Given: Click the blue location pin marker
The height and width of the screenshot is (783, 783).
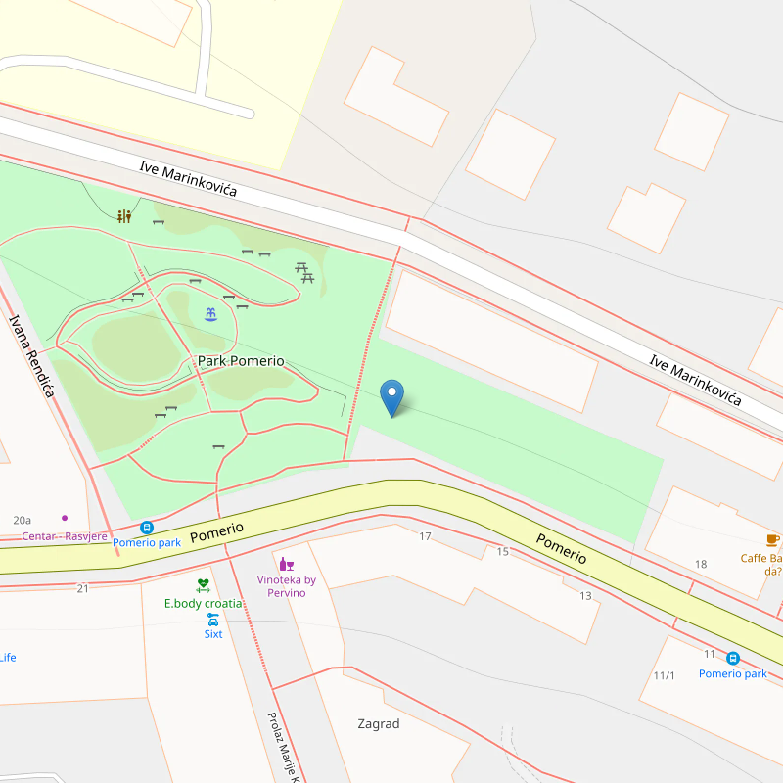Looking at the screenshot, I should (391, 396).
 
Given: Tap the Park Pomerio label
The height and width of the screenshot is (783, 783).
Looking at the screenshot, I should (241, 361).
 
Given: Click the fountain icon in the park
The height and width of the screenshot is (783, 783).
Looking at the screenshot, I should (210, 314).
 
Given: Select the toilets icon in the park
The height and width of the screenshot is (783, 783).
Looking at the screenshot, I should (124, 216).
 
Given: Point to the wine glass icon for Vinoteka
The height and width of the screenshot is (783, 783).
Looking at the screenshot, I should (287, 564).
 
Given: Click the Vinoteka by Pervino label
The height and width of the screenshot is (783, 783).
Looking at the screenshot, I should (287, 586).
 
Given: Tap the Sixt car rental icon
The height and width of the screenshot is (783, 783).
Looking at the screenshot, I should (212, 619).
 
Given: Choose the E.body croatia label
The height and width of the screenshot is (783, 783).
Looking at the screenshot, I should (203, 603).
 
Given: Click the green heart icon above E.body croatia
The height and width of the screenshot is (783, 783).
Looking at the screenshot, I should (203, 585).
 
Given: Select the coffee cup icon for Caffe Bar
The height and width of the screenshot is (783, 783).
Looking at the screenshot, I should (772, 541).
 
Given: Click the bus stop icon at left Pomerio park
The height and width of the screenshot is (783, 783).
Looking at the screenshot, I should (147, 527).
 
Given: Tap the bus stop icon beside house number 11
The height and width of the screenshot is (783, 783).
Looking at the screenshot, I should (733, 658).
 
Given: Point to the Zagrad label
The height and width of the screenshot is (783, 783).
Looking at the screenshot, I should (379, 724).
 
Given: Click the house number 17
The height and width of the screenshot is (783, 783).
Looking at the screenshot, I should (425, 536).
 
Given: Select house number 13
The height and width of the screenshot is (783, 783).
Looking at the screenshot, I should (585, 596).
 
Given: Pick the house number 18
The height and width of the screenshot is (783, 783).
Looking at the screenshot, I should (701, 564).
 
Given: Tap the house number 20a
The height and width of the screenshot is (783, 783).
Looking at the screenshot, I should (23, 520).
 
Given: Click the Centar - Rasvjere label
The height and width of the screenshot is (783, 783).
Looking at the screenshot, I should (65, 536).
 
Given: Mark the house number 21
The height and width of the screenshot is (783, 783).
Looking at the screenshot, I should (82, 588).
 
